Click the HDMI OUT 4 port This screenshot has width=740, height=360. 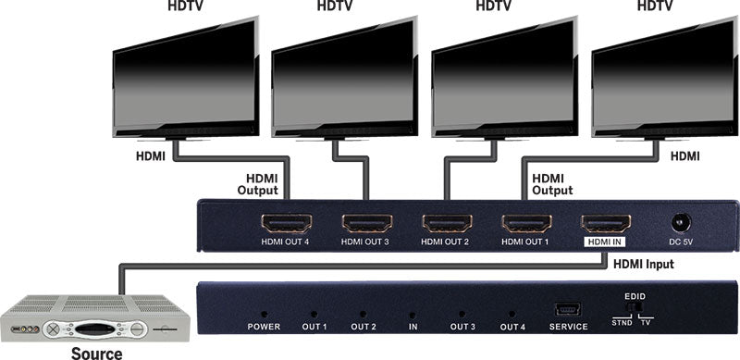288,223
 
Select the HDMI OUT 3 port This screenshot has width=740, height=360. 367,223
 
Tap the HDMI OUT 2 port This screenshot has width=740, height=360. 447,223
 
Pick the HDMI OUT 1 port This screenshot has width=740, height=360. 526,223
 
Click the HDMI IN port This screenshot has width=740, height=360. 605,223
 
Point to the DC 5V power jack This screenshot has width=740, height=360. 682,223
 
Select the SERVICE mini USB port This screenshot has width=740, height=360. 568,310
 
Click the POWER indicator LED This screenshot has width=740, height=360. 264,314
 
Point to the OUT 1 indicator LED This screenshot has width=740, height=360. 314,314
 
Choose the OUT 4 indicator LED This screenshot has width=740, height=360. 512,314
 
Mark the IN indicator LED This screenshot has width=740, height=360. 413,314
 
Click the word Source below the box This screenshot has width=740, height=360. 97,352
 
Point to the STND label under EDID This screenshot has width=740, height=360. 623,322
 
